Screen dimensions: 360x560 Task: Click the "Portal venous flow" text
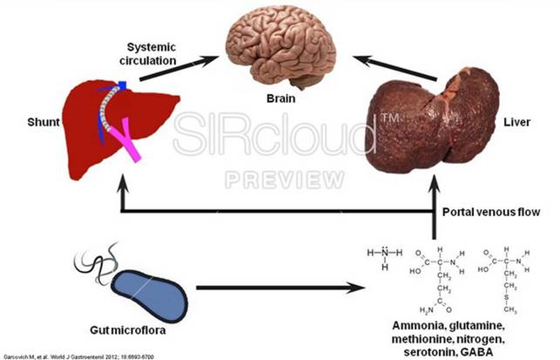(490, 211)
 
